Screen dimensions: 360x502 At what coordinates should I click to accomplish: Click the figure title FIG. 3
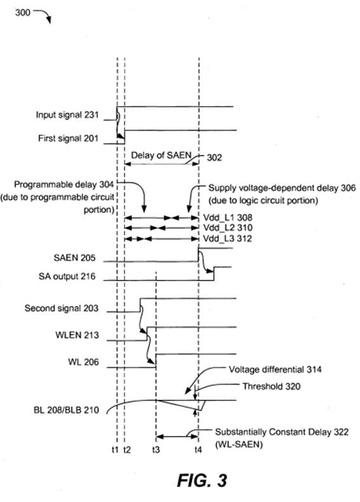(x=202, y=480)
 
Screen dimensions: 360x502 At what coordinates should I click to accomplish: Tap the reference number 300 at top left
(x=23, y=13)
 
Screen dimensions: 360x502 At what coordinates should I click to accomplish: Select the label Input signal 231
(x=67, y=115)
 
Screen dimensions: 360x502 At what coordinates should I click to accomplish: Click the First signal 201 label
(x=68, y=138)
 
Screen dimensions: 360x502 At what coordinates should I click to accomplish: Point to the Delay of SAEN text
(x=161, y=155)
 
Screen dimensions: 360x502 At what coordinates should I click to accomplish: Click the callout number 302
(x=214, y=157)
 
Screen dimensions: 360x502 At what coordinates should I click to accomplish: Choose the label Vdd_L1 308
(x=228, y=218)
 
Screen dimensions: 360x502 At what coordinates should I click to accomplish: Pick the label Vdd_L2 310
(x=228, y=228)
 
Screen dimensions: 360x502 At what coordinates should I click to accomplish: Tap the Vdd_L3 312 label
(x=227, y=239)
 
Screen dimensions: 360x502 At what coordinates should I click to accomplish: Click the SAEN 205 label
(x=75, y=258)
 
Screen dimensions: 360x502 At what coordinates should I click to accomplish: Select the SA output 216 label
(x=67, y=276)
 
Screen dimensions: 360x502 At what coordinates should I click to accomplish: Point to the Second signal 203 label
(x=62, y=308)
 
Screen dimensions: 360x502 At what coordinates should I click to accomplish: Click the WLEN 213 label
(x=77, y=335)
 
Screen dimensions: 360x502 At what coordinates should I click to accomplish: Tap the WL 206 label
(x=83, y=362)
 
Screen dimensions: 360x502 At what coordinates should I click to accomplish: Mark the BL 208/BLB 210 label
(x=66, y=410)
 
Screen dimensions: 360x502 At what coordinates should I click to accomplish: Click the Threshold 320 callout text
(x=271, y=386)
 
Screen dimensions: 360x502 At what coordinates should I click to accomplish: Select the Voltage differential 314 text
(x=275, y=369)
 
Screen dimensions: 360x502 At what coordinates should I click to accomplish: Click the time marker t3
(x=156, y=450)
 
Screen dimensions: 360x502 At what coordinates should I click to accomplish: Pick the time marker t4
(x=198, y=450)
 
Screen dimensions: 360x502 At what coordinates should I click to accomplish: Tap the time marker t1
(x=115, y=450)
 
